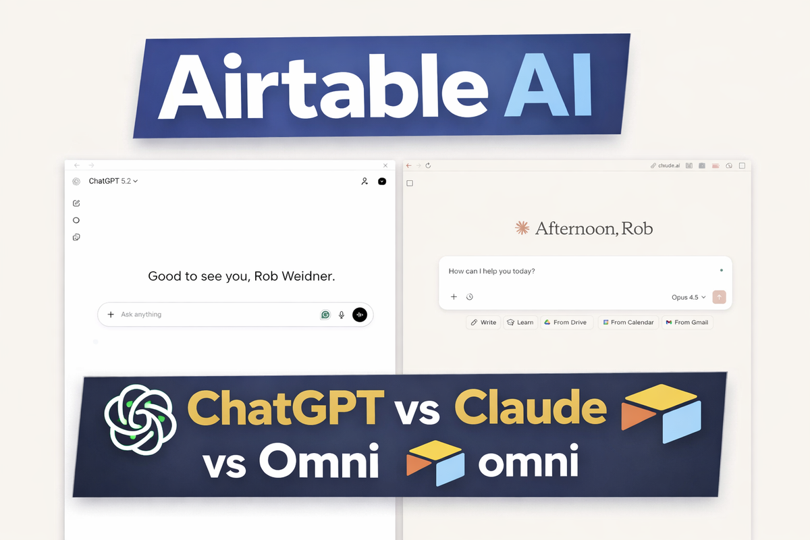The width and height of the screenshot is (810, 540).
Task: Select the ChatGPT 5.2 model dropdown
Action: [113, 181]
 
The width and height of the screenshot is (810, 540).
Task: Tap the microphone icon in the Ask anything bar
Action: [342, 315]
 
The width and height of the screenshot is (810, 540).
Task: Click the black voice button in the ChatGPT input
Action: [360, 315]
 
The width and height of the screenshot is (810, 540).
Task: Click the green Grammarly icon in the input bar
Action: [325, 315]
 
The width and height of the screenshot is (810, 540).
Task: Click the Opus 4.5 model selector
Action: [688, 297]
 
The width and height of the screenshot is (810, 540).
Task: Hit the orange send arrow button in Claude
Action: [719, 297]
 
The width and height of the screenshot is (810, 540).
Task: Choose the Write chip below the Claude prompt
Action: [483, 323]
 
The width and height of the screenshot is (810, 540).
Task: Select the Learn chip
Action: [520, 323]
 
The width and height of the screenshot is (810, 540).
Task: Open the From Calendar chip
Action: [628, 323]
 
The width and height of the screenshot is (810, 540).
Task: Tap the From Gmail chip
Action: [686, 323]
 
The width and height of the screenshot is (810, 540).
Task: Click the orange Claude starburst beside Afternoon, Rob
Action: [522, 229]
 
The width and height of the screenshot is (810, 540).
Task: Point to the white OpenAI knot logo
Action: [140, 419]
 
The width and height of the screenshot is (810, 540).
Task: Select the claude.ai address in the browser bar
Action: [668, 165]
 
